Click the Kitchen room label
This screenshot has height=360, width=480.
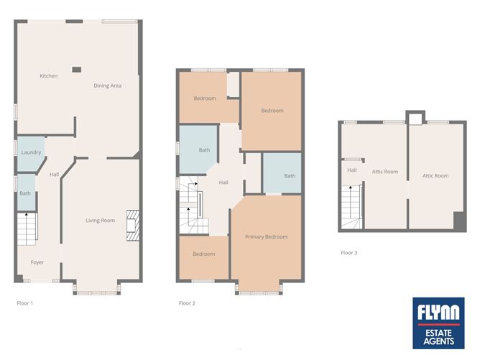(x=49, y=76)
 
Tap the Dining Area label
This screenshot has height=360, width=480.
(x=108, y=86)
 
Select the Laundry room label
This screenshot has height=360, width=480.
(x=31, y=152)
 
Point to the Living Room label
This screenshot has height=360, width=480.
(x=100, y=221)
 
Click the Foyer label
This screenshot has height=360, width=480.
(x=37, y=262)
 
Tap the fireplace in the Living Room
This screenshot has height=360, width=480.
(x=133, y=226)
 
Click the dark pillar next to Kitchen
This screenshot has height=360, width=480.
(x=77, y=70)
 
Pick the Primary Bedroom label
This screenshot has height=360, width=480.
(x=266, y=236)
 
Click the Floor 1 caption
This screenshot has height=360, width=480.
(x=25, y=303)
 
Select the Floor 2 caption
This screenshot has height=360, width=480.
(x=187, y=303)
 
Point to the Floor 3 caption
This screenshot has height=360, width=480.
(x=349, y=252)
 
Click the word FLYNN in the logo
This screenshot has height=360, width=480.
(x=438, y=313)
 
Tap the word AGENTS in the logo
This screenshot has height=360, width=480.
(x=438, y=341)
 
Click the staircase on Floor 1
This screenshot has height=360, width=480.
(x=27, y=229)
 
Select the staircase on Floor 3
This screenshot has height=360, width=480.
(x=351, y=207)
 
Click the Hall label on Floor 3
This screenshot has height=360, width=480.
(x=351, y=170)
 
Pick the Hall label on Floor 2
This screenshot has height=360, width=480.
(x=223, y=183)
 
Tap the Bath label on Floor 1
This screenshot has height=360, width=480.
(x=25, y=193)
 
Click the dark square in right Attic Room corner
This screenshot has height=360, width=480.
(x=459, y=221)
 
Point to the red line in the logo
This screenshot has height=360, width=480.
(x=438, y=325)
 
